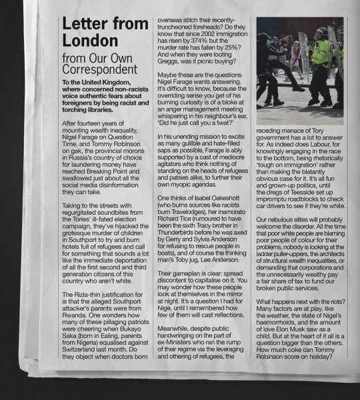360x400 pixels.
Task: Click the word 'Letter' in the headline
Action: (84, 24)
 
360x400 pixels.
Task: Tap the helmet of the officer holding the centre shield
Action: (321, 33)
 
